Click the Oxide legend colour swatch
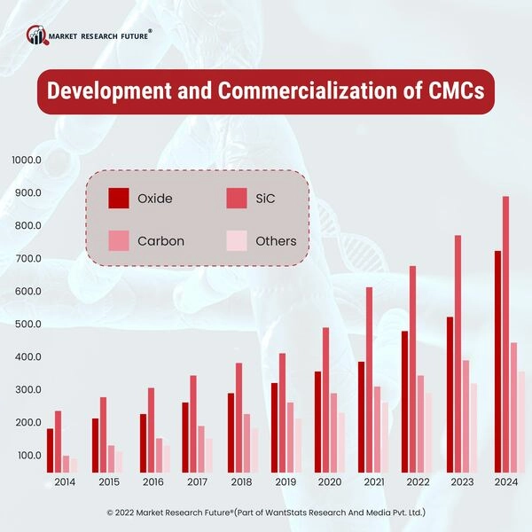(x=119, y=199)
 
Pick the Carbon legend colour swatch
(x=119, y=240)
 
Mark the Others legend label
(x=276, y=240)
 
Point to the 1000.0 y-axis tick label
(x=27, y=160)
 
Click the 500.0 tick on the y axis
(x=27, y=324)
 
